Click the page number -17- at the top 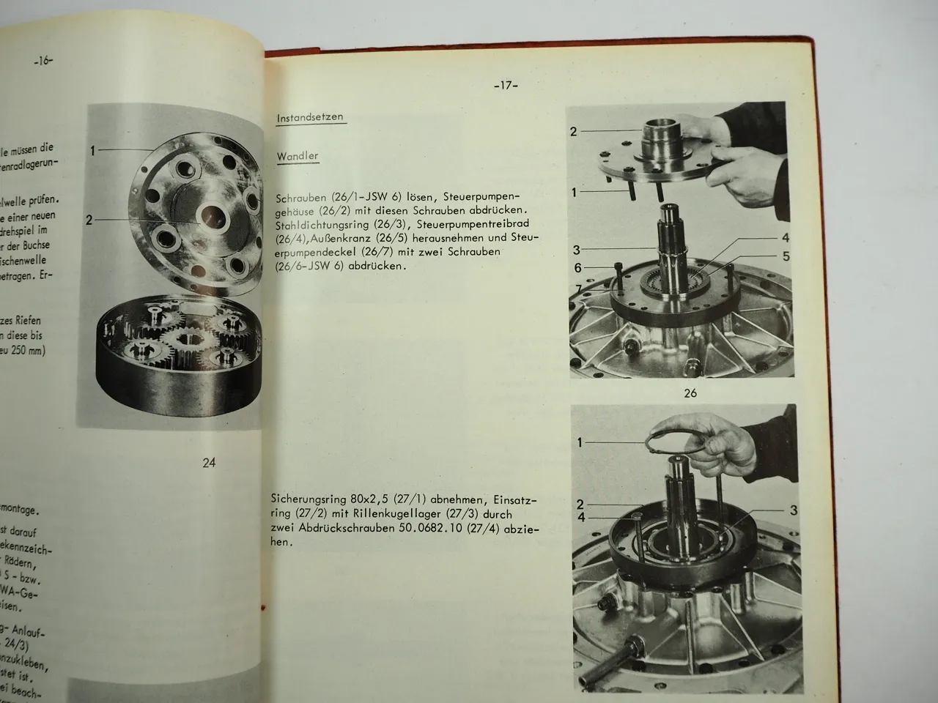[505, 86]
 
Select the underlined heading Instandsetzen [310, 118]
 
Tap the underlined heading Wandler [298, 157]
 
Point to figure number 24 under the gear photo [209, 462]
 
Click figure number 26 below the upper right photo [690, 393]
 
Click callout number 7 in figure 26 [578, 290]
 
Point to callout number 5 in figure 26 [786, 256]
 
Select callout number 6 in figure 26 [578, 268]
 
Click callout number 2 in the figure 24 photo [89, 219]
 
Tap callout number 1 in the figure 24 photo [93, 151]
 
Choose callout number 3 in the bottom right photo [794, 510]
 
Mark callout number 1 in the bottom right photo [580, 442]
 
